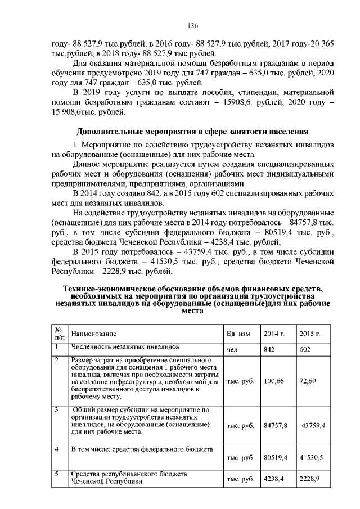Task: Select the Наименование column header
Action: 93,334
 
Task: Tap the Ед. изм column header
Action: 238,334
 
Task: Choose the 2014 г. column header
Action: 274,334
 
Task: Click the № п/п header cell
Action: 58,334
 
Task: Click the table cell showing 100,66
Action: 273,381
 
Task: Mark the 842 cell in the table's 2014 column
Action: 269,349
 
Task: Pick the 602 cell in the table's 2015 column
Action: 305,349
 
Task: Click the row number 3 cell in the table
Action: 57,410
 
